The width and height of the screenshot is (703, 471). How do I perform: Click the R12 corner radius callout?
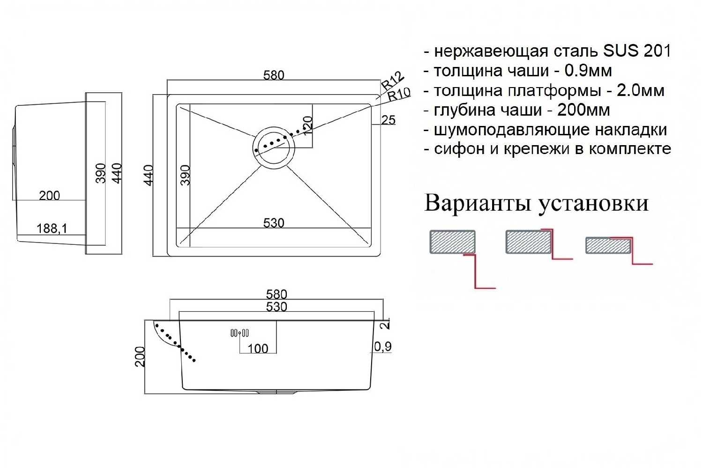392,81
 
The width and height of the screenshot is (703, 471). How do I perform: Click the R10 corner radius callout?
399,94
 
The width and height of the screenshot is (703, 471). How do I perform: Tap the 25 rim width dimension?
389,120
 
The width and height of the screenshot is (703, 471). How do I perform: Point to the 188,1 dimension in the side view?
52,228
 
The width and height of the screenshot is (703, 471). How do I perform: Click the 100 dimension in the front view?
258,349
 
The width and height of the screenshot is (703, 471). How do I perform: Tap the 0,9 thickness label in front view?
383,346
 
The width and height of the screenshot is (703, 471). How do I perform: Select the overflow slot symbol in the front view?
239,333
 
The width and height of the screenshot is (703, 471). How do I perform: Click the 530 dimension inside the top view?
274,223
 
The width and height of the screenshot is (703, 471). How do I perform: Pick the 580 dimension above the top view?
274,75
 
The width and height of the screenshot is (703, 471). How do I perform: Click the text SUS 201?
637,51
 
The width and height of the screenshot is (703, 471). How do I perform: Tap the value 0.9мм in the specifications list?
588,71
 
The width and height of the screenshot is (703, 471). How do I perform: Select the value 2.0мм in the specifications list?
641,91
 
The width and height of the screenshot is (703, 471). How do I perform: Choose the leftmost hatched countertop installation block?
452,242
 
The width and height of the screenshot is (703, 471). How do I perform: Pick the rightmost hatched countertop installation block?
608,245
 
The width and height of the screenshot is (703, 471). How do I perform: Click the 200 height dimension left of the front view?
140,357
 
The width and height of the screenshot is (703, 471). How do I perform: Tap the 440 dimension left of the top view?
149,175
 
